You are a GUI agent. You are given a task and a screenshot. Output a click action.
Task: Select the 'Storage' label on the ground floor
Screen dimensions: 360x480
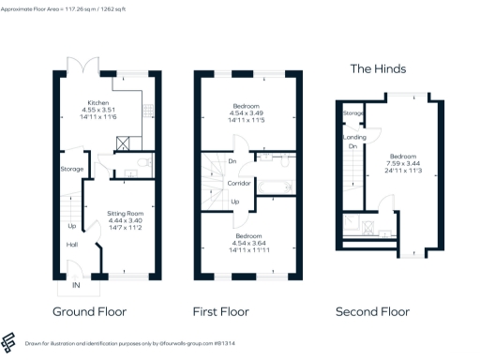(x=72, y=169)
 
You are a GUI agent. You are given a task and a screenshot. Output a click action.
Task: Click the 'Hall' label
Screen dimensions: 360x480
(x=71, y=245)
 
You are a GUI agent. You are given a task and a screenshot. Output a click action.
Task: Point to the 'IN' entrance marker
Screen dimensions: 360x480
(x=76, y=285)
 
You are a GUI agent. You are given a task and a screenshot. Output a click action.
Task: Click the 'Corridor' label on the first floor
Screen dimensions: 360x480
(x=239, y=185)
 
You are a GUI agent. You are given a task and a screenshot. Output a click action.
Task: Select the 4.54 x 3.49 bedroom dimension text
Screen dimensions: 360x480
(x=248, y=113)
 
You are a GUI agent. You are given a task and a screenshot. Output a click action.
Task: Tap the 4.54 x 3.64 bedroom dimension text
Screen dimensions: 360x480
(x=248, y=243)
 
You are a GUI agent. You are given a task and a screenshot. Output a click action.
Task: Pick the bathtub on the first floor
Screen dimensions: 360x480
(x=277, y=186)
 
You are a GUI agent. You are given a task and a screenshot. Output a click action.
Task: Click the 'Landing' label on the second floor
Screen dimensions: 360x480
(x=355, y=138)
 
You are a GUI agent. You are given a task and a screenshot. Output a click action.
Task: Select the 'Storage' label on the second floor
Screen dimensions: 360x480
(x=353, y=113)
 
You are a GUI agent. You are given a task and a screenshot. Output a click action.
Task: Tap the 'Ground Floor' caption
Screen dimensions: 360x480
(x=89, y=311)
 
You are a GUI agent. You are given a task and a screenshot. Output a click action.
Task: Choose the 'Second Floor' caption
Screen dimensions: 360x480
(x=373, y=311)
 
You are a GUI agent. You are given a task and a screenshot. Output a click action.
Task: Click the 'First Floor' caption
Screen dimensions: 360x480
(x=225, y=311)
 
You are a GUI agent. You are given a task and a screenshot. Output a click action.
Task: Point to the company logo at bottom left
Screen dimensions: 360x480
(x=12, y=340)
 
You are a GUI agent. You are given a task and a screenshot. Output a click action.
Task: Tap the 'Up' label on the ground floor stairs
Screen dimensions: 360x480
(x=71, y=226)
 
